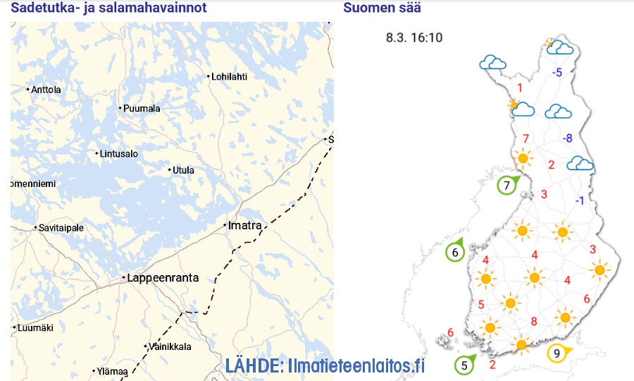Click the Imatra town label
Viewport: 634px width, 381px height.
pos(244,226)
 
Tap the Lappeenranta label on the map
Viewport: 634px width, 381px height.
pos(162,278)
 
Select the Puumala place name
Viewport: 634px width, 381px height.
pos(142,109)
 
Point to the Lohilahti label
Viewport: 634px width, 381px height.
pos(229,77)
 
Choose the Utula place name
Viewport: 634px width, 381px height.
pos(183,170)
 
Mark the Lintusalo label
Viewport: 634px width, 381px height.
pos(119,154)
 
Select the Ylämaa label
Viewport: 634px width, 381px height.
pos(112,371)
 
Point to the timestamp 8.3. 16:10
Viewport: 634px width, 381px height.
pos(414,37)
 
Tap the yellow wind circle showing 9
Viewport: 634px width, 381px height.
pos(557,353)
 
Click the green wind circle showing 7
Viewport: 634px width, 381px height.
pos(506,186)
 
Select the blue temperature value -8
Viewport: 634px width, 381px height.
pos(567,138)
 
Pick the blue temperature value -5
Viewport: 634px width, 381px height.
pos(557,73)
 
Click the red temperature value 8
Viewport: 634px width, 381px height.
pos(534,322)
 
